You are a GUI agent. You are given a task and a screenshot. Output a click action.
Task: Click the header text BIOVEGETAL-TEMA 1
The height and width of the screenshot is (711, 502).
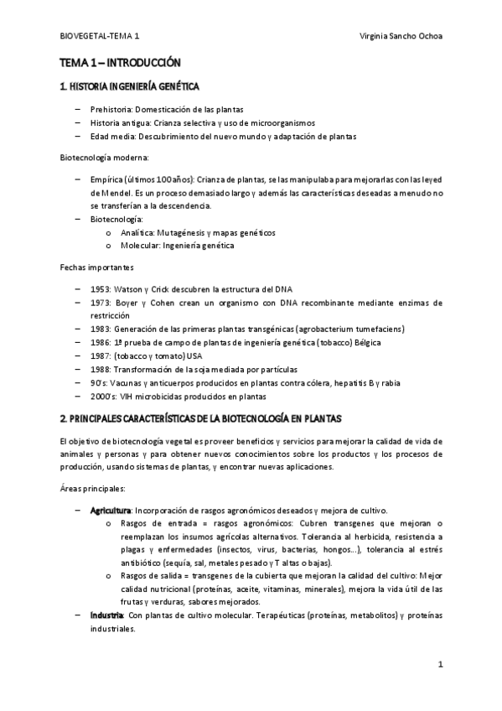point(101,38)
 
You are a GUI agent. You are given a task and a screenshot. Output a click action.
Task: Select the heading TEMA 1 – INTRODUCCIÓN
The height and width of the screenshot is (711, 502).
point(120,63)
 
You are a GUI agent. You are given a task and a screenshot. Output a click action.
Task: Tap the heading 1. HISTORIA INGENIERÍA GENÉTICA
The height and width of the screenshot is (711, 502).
point(129,87)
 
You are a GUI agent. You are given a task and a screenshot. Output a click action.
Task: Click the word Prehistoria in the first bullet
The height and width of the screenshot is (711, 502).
point(111,110)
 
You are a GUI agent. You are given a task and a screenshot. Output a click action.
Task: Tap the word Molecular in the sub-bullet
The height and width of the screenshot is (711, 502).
point(139,245)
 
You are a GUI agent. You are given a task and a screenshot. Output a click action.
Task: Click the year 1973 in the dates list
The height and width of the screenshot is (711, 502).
point(101,302)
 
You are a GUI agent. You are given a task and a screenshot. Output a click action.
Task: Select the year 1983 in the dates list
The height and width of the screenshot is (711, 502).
point(101,329)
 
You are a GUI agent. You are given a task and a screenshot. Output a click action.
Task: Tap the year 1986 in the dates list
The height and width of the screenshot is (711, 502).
point(101,342)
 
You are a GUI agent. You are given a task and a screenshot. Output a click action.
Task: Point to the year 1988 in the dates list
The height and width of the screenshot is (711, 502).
point(101,370)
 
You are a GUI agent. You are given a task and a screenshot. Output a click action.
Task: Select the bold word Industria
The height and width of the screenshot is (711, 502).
point(107,615)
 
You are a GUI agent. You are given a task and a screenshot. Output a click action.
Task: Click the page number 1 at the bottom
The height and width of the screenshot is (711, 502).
point(439,664)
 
